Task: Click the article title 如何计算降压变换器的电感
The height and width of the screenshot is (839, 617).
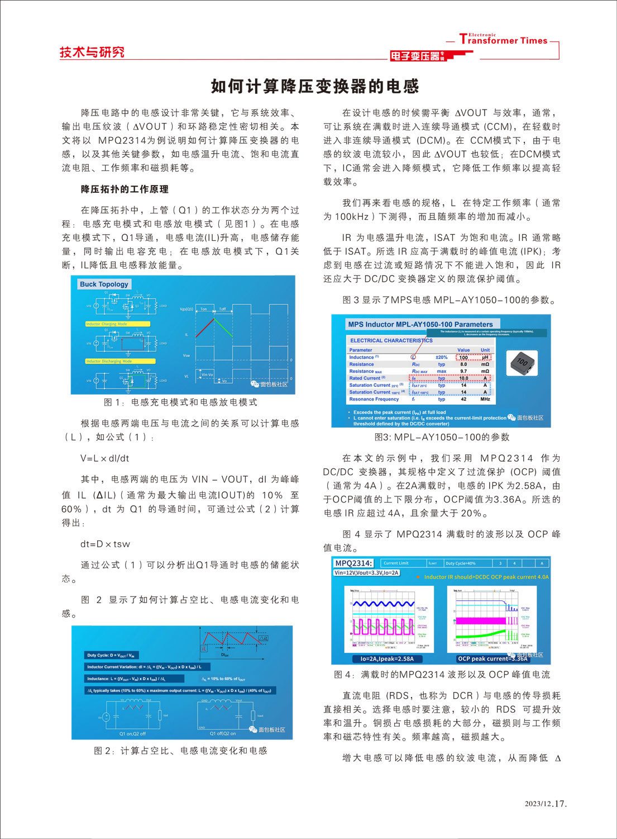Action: [315, 86]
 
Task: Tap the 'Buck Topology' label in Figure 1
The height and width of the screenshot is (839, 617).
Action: [104, 284]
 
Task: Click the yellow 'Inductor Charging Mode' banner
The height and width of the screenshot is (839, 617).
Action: [117, 324]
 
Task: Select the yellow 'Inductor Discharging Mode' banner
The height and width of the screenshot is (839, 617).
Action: [119, 361]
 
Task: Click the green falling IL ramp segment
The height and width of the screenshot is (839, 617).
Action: [224, 327]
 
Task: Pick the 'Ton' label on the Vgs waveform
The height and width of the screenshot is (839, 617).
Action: [204, 309]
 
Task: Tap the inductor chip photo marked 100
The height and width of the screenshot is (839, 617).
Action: [522, 363]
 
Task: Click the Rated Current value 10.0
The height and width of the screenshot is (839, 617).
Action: [463, 378]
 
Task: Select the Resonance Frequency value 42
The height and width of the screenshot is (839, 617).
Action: [463, 399]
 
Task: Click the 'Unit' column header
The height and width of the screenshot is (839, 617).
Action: [485, 350]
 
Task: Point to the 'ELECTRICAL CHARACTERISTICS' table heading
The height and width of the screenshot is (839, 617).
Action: [391, 340]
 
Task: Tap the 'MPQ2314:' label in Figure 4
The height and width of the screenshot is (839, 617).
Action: [353, 563]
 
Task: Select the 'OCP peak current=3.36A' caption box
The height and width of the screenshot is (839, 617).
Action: [492, 658]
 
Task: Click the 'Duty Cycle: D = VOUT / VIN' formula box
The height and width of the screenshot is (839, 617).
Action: [111, 655]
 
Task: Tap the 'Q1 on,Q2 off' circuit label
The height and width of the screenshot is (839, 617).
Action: [132, 734]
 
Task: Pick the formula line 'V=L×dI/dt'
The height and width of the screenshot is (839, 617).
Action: [105, 458]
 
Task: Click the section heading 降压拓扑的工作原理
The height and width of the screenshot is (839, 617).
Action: [125, 189]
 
